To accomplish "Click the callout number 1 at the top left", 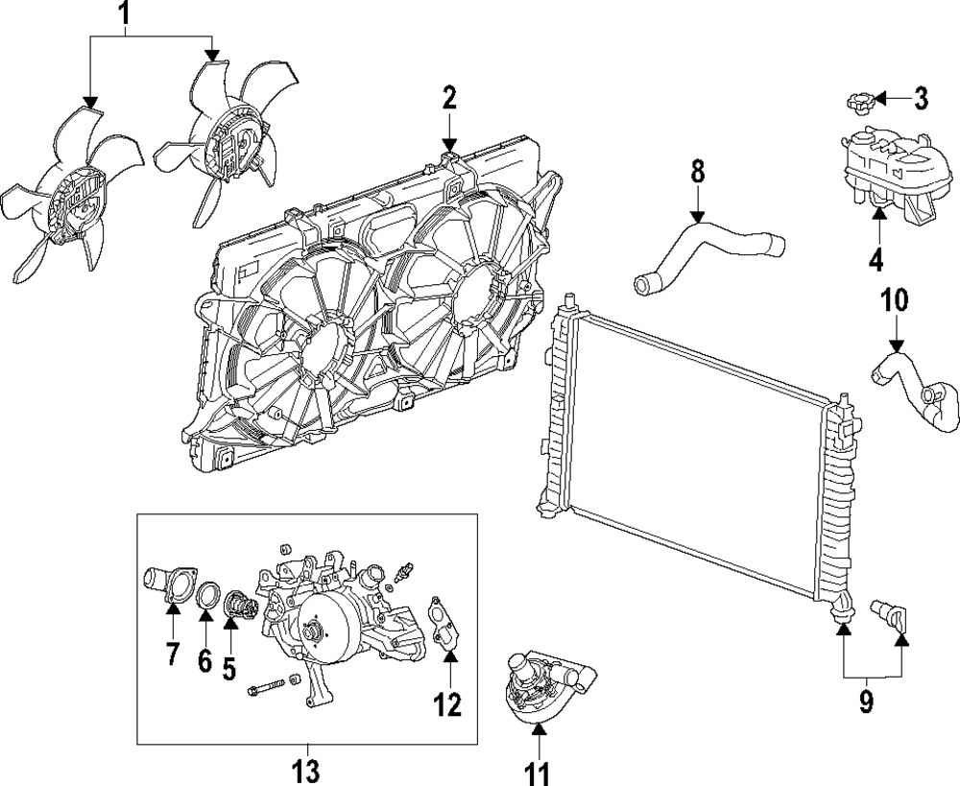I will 123,14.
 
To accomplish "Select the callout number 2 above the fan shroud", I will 449,97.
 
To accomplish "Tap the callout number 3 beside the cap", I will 921,97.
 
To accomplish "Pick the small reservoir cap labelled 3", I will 860,101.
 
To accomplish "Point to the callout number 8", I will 698,172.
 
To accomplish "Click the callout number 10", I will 895,303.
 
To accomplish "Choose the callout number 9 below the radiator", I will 867,703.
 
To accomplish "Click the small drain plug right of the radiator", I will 890,613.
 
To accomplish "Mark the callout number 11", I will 539,771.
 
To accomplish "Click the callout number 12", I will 447,704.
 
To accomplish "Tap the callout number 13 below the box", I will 306,771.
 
